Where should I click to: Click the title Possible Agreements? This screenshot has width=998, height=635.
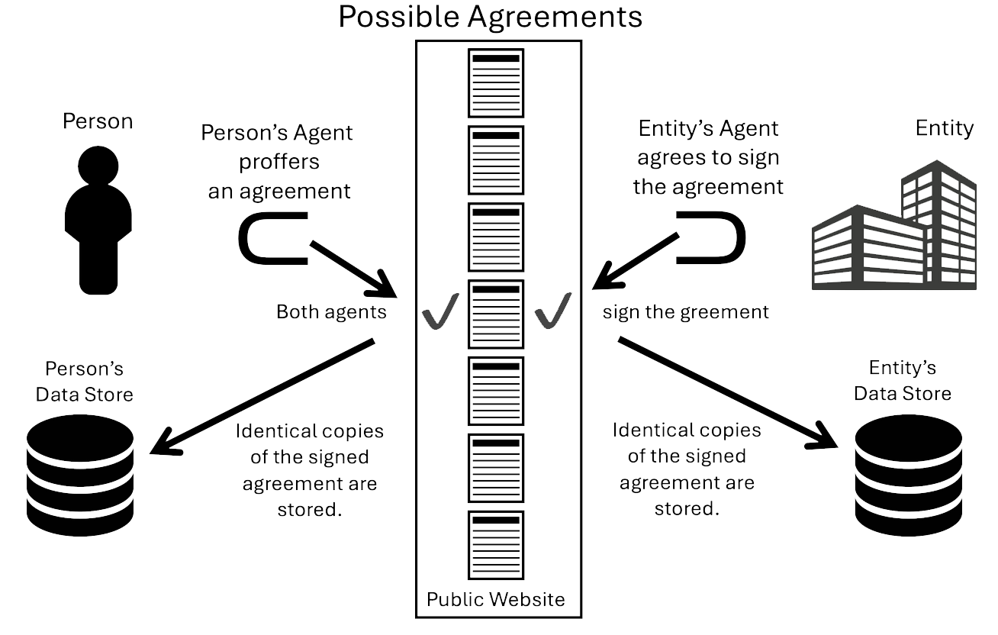pyautogui.click(x=490, y=18)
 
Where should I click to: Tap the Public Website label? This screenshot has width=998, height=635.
pyautogui.click(x=496, y=599)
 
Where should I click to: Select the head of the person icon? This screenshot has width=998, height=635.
pyautogui.click(x=98, y=166)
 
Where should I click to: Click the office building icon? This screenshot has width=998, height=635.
pyautogui.click(x=894, y=224)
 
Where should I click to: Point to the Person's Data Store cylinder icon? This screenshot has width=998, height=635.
pyautogui.click(x=80, y=475)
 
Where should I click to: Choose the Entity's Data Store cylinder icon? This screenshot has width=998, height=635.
pyautogui.click(x=909, y=475)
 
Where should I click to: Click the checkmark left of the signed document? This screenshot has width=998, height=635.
pyautogui.click(x=440, y=311)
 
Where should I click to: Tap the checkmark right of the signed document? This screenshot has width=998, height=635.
pyautogui.click(x=553, y=311)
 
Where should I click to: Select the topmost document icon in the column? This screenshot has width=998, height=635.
pyautogui.click(x=496, y=83)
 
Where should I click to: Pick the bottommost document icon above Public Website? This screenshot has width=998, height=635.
pyautogui.click(x=496, y=546)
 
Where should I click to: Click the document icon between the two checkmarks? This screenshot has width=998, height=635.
pyautogui.click(x=496, y=314)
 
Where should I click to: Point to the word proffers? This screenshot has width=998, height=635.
pyautogui.click(x=279, y=162)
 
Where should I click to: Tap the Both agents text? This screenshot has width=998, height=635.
pyautogui.click(x=331, y=311)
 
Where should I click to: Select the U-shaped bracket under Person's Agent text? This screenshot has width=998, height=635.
pyautogui.click(x=273, y=238)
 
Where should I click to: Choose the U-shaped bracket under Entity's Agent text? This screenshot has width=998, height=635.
pyautogui.click(x=710, y=238)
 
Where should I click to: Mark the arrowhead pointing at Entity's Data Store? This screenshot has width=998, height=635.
pyautogui.click(x=824, y=436)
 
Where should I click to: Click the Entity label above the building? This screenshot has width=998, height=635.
pyautogui.click(x=945, y=128)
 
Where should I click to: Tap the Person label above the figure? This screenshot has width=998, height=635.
pyautogui.click(x=98, y=121)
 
